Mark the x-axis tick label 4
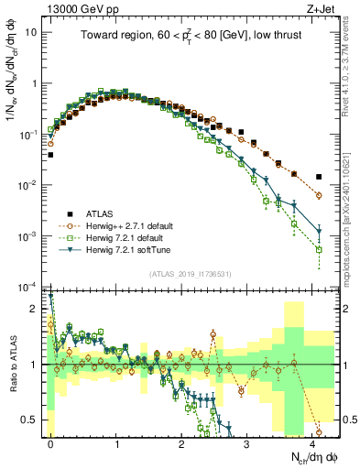[x=312, y=442]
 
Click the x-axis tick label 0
[x=50, y=442]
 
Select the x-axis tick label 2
[x=181, y=442]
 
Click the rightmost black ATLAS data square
[x=319, y=177]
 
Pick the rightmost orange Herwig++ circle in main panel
[x=319, y=195]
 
